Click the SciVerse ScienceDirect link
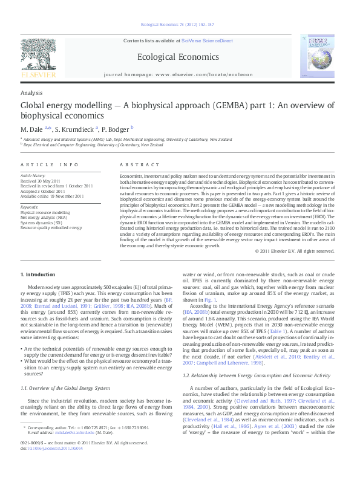pos(207,41)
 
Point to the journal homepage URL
pos(204,73)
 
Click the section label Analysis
pos(31,92)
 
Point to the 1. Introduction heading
pos(38,275)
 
